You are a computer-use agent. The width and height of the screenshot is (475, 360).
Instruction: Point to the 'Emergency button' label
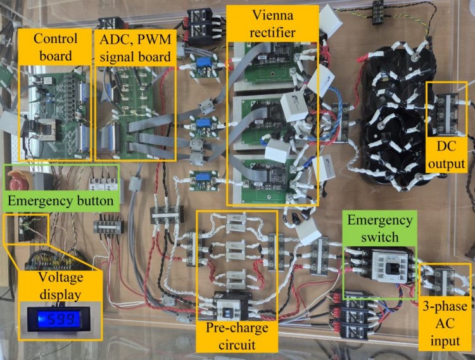(x=61, y=202)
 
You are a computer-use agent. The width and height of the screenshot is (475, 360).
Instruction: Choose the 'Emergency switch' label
(x=376, y=228)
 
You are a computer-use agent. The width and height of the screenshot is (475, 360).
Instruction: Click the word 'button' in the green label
(x=94, y=202)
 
